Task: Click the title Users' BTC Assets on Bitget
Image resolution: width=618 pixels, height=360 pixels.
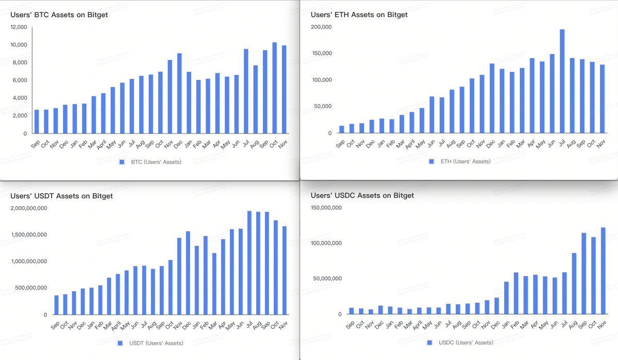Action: (59, 15)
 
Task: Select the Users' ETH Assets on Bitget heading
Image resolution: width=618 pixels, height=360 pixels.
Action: (359, 15)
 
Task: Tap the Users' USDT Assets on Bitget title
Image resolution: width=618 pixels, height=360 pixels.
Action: (61, 196)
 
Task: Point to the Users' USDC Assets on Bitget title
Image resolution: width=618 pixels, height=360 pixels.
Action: (362, 196)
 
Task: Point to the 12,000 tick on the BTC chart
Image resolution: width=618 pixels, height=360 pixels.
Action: (19, 27)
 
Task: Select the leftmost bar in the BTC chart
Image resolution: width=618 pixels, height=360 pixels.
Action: (37, 122)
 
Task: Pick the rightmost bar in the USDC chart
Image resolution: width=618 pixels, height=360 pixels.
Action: (603, 271)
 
